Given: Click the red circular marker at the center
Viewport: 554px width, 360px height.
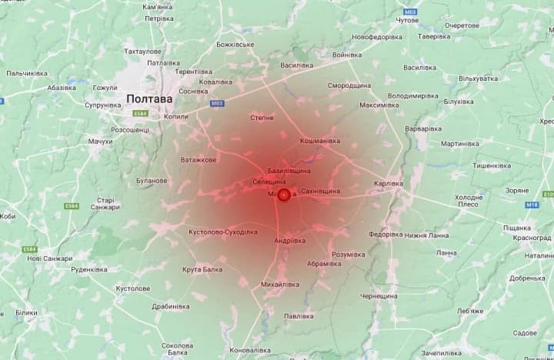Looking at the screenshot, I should point(283,195).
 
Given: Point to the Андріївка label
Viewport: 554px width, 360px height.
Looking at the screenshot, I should point(289,241).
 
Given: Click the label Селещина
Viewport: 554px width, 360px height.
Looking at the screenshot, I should point(269,182).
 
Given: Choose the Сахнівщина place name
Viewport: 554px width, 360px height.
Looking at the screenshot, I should point(321,190).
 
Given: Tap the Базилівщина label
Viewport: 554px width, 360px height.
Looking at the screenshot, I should point(289,169).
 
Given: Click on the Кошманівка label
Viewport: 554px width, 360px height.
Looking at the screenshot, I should point(320,141).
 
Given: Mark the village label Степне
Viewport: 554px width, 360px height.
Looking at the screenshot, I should point(262,117).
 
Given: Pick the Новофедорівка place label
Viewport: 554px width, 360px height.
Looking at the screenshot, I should point(378,37).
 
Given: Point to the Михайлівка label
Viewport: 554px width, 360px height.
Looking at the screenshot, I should point(280,284).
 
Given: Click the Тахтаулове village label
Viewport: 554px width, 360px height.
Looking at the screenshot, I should point(143,51).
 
